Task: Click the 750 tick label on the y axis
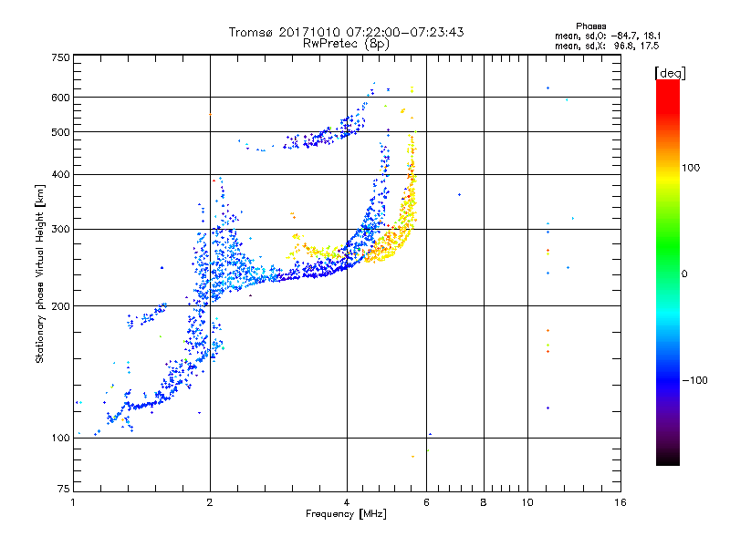click(61, 57)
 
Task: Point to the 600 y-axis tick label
click(61, 98)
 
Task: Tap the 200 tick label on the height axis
click(61, 306)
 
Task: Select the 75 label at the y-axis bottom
click(64, 489)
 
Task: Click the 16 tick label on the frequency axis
click(620, 502)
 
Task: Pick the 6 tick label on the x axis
click(426, 502)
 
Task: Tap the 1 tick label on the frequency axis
click(73, 502)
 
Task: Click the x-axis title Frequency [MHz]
click(346, 514)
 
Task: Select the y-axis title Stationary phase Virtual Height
click(39, 274)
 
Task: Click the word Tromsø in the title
click(252, 32)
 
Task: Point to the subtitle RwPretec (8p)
click(346, 44)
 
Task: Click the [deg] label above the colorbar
click(670, 73)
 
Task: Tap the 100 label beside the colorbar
click(691, 168)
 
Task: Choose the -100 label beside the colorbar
click(695, 380)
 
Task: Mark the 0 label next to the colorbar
click(684, 274)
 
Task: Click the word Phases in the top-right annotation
click(591, 26)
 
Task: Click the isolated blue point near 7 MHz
click(460, 195)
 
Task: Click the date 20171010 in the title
click(310, 32)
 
